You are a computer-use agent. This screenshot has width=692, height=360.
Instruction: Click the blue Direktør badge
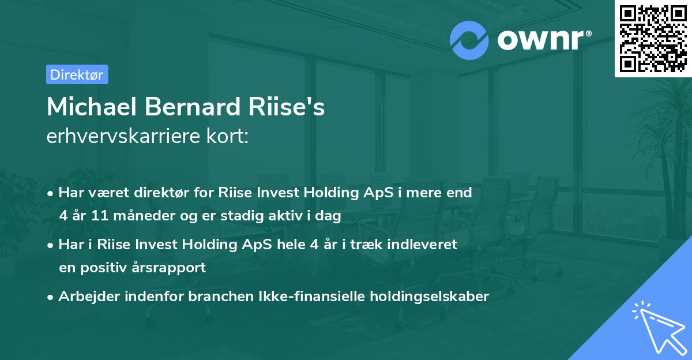click(x=77, y=74)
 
